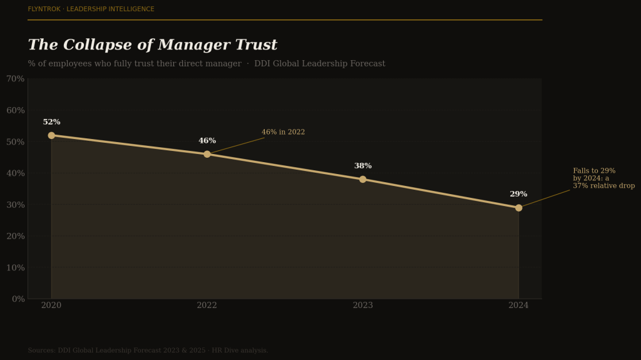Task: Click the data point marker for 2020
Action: coord(51,135)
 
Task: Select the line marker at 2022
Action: coord(207,154)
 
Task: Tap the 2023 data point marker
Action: coord(362,179)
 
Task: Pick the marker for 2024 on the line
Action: coord(518,208)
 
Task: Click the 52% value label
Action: coord(51,122)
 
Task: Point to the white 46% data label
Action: coord(207,141)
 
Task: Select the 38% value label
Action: coord(362,166)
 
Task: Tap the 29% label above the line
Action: coord(518,194)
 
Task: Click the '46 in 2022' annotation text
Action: coord(283,132)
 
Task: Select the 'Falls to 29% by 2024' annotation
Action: coord(603,178)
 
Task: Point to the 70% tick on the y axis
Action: coord(15,79)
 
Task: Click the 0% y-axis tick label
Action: coord(18,299)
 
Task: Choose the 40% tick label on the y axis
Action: coord(15,173)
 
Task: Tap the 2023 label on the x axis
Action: coord(362,306)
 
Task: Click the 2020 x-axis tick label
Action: coord(51,306)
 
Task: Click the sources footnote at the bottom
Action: coord(148,351)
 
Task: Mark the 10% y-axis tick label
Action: coord(15,267)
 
